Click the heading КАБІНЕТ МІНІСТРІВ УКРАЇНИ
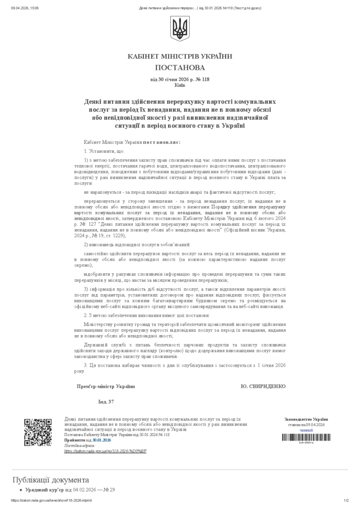tap(180, 56)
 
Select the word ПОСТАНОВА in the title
tap(180, 67)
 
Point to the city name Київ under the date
tap(180, 85)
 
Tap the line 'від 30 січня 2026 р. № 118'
tap(180, 79)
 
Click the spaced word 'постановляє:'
tap(162, 142)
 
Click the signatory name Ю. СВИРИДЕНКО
tap(263, 386)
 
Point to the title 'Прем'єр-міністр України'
tap(106, 386)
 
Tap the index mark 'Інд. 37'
tap(106, 402)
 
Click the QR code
tap(38, 432)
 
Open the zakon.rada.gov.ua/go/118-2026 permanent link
tap(105, 451)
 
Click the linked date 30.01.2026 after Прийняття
tap(102, 441)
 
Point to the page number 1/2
tap(346, 501)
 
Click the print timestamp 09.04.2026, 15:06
tap(25, 8)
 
